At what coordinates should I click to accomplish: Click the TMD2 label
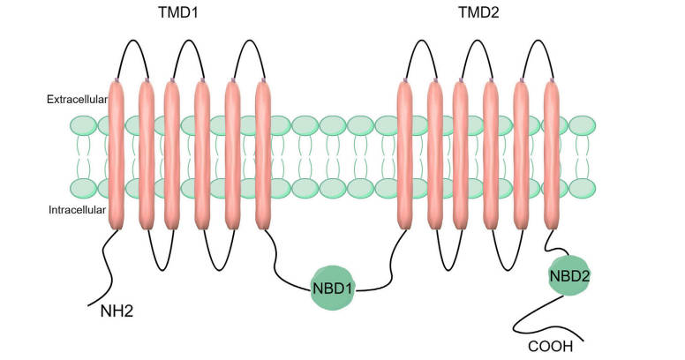coord(479,14)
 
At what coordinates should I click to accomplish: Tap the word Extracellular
coord(77,100)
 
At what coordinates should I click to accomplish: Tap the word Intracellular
coord(77,210)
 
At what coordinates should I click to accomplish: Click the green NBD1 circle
coord(332,289)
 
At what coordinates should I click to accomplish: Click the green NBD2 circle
coord(568,275)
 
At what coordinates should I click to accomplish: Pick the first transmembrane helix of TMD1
coord(117,154)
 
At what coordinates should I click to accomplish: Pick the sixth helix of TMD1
coord(263,154)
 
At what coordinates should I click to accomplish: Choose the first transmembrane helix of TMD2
coord(405,154)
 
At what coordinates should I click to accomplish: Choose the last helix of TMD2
coord(552,154)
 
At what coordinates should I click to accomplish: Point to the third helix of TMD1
coord(174,154)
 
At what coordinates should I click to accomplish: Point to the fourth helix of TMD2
coord(491,154)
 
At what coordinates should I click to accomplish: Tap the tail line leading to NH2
coord(107,274)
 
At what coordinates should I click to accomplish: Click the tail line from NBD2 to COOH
coord(526,318)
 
